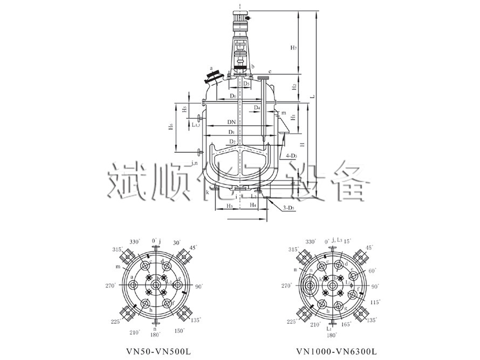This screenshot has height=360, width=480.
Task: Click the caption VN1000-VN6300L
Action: pos(337,351)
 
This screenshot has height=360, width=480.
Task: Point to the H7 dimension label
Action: pos(293,48)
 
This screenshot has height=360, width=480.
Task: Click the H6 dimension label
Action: pos(171,128)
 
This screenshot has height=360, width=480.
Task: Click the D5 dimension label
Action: pos(245,84)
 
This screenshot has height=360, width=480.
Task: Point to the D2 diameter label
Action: pos(231,141)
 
